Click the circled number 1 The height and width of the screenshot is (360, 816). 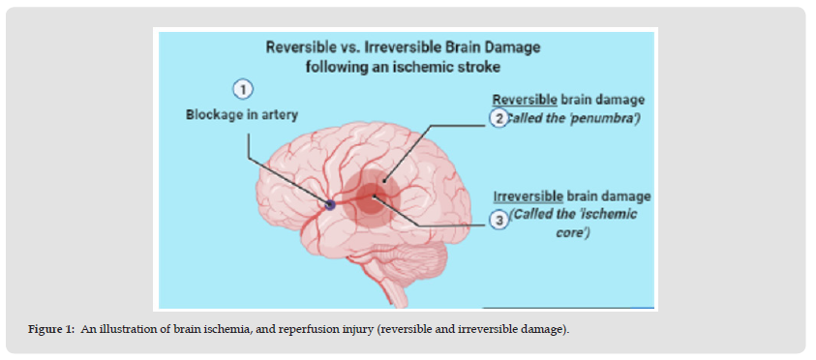243,90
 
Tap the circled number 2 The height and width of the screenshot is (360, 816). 499,119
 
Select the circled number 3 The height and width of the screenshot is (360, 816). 499,221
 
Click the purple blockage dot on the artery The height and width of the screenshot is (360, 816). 330,205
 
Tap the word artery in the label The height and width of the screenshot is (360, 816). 280,115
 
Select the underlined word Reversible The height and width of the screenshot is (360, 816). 525,100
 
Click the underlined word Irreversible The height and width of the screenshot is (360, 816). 528,196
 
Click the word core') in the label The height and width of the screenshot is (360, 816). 572,232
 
